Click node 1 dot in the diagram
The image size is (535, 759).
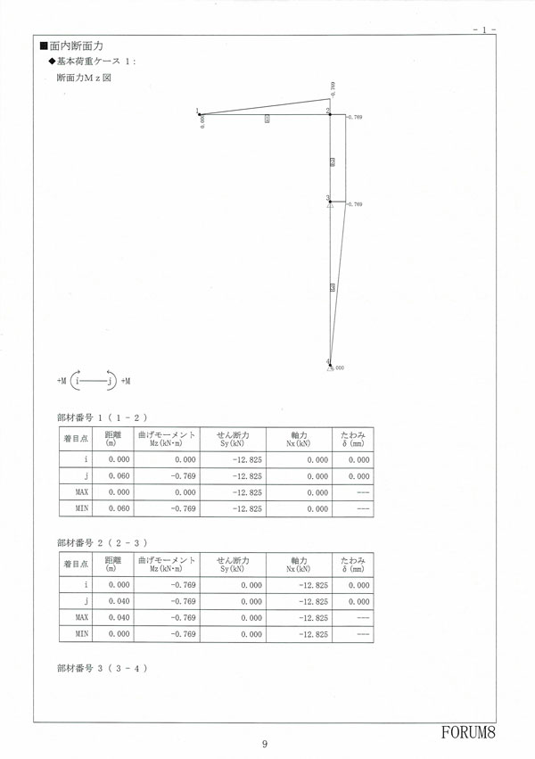(200, 112)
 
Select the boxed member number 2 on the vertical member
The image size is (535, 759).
(333, 161)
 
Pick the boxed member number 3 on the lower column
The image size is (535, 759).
(333, 286)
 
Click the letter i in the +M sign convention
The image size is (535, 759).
(78, 381)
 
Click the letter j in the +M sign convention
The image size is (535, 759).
(109, 381)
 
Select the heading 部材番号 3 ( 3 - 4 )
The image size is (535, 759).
(102, 668)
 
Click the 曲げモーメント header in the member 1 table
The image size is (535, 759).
(166, 434)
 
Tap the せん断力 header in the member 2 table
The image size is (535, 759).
(235, 560)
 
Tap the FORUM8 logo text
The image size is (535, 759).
(466, 732)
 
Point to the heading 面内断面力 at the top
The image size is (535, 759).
(78, 45)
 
